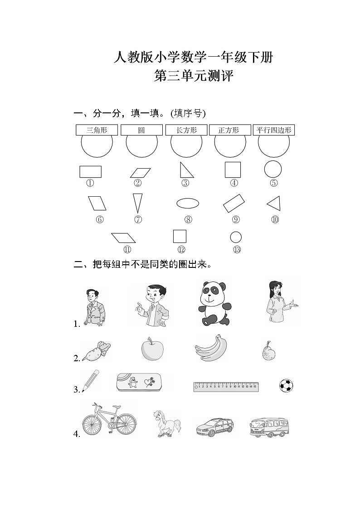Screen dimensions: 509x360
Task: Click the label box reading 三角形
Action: click(x=97, y=130)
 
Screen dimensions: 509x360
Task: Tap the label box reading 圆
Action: click(x=141, y=130)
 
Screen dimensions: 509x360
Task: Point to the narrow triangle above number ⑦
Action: click(x=137, y=203)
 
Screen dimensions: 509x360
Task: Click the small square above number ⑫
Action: click(x=180, y=237)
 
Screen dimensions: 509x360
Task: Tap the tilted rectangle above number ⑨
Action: click(x=234, y=204)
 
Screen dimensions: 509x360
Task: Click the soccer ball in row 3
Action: click(x=286, y=386)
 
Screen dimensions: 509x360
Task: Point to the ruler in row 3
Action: click(x=226, y=386)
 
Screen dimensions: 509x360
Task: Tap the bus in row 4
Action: click(x=269, y=427)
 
